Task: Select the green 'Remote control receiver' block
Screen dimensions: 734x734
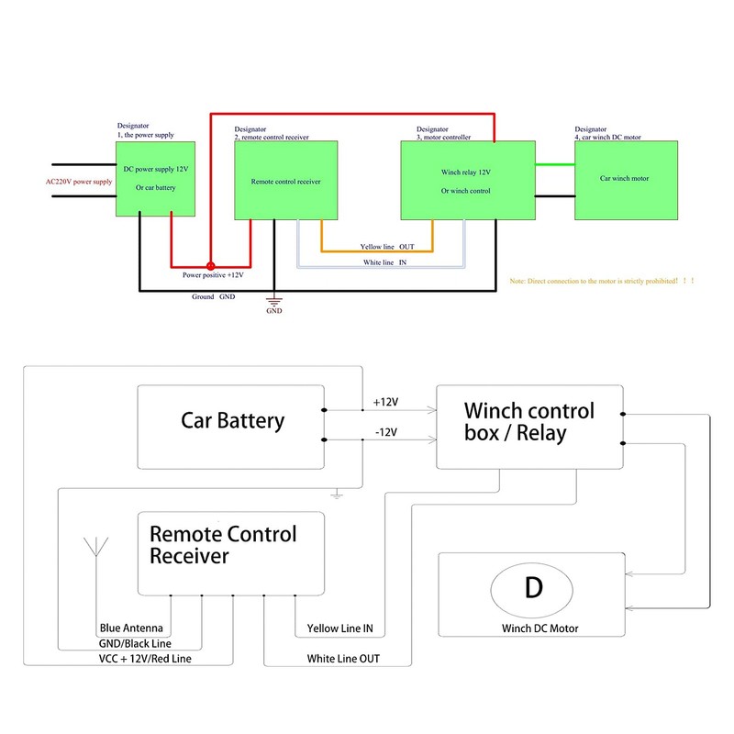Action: pos(285,182)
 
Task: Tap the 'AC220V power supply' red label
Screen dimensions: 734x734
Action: pos(79,182)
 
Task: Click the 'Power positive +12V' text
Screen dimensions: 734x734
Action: pos(213,274)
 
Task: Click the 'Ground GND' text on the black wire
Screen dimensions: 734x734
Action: pos(214,297)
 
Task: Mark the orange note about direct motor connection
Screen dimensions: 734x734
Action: pos(602,281)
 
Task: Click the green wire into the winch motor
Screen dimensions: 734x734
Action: pos(555,165)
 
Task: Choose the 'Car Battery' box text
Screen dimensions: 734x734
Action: pos(232,421)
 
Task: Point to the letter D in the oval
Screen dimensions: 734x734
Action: pos(533,588)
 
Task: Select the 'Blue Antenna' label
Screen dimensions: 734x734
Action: pos(137,628)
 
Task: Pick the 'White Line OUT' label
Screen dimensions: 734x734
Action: pos(343,659)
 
